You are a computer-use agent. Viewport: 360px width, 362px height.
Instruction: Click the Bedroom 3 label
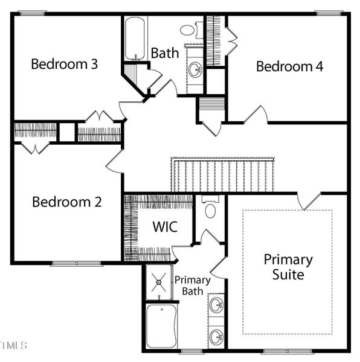pyautogui.click(x=65, y=64)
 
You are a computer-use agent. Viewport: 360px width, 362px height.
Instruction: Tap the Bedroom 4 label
pyautogui.click(x=290, y=66)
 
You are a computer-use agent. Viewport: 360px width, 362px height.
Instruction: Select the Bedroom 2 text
pyautogui.click(x=67, y=202)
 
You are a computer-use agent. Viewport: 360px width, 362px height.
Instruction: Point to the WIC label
pyautogui.click(x=165, y=226)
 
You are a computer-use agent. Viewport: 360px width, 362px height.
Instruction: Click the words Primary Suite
pyautogui.click(x=288, y=267)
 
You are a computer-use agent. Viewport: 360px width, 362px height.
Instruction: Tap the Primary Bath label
pyautogui.click(x=193, y=285)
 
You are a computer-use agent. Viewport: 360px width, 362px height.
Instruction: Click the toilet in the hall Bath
pyautogui.click(x=191, y=30)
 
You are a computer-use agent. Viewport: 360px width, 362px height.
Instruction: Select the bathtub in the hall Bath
pyautogui.click(x=135, y=39)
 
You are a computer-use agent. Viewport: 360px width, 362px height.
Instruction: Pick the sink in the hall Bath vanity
pyautogui.click(x=195, y=69)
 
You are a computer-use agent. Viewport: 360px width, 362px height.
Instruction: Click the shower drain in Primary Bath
pyautogui.click(x=159, y=282)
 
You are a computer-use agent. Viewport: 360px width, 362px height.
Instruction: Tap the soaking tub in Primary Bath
pyautogui.click(x=161, y=326)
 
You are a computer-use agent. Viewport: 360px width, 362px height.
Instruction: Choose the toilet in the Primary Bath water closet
pyautogui.click(x=210, y=207)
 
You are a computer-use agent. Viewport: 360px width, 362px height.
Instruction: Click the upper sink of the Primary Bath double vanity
pyautogui.click(x=216, y=305)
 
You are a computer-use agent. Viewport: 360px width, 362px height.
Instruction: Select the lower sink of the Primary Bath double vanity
pyautogui.click(x=216, y=337)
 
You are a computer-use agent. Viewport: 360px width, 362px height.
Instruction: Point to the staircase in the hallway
pyautogui.click(x=223, y=175)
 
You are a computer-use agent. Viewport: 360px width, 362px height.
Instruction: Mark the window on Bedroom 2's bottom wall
pyautogui.click(x=77, y=264)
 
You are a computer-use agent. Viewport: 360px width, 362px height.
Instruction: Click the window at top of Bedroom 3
pyautogui.click(x=33, y=13)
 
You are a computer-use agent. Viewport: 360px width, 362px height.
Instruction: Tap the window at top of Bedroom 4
pyautogui.click(x=329, y=13)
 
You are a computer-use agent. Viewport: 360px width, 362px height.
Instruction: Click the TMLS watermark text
pyautogui.click(x=14, y=346)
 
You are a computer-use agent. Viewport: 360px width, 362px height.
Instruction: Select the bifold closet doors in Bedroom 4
pyautogui.click(x=232, y=42)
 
